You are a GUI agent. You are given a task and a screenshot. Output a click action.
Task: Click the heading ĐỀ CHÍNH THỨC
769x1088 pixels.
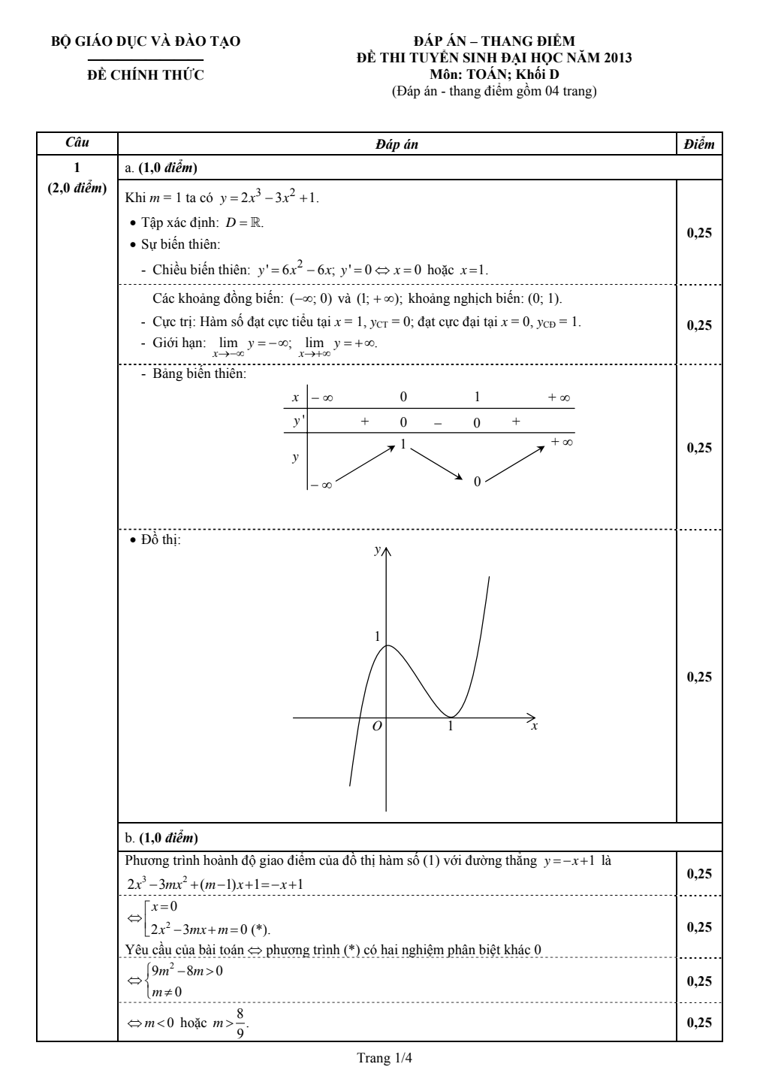click(x=146, y=75)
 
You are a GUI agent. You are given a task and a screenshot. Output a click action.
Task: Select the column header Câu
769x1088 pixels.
click(x=77, y=143)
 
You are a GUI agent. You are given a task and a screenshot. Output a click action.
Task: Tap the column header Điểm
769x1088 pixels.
click(x=699, y=144)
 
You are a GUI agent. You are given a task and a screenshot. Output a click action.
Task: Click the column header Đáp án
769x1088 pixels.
click(x=397, y=144)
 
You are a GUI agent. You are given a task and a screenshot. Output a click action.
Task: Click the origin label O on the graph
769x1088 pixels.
click(x=377, y=726)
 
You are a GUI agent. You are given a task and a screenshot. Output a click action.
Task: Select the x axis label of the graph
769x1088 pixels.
click(x=534, y=727)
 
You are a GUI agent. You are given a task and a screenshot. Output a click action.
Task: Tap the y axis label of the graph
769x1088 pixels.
click(x=376, y=551)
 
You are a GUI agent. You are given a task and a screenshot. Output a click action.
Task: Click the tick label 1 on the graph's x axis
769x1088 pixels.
click(x=451, y=727)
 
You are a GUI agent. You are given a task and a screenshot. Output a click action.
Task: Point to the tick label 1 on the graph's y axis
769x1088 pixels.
click(x=377, y=636)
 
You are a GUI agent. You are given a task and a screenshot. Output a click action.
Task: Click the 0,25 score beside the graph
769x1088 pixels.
click(x=699, y=677)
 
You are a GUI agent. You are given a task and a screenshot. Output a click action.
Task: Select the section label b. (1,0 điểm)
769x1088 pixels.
click(x=161, y=837)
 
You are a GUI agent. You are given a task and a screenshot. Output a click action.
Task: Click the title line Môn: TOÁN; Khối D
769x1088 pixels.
click(x=494, y=74)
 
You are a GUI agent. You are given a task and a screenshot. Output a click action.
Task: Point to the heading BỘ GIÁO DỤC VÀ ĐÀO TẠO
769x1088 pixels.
click(x=146, y=41)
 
